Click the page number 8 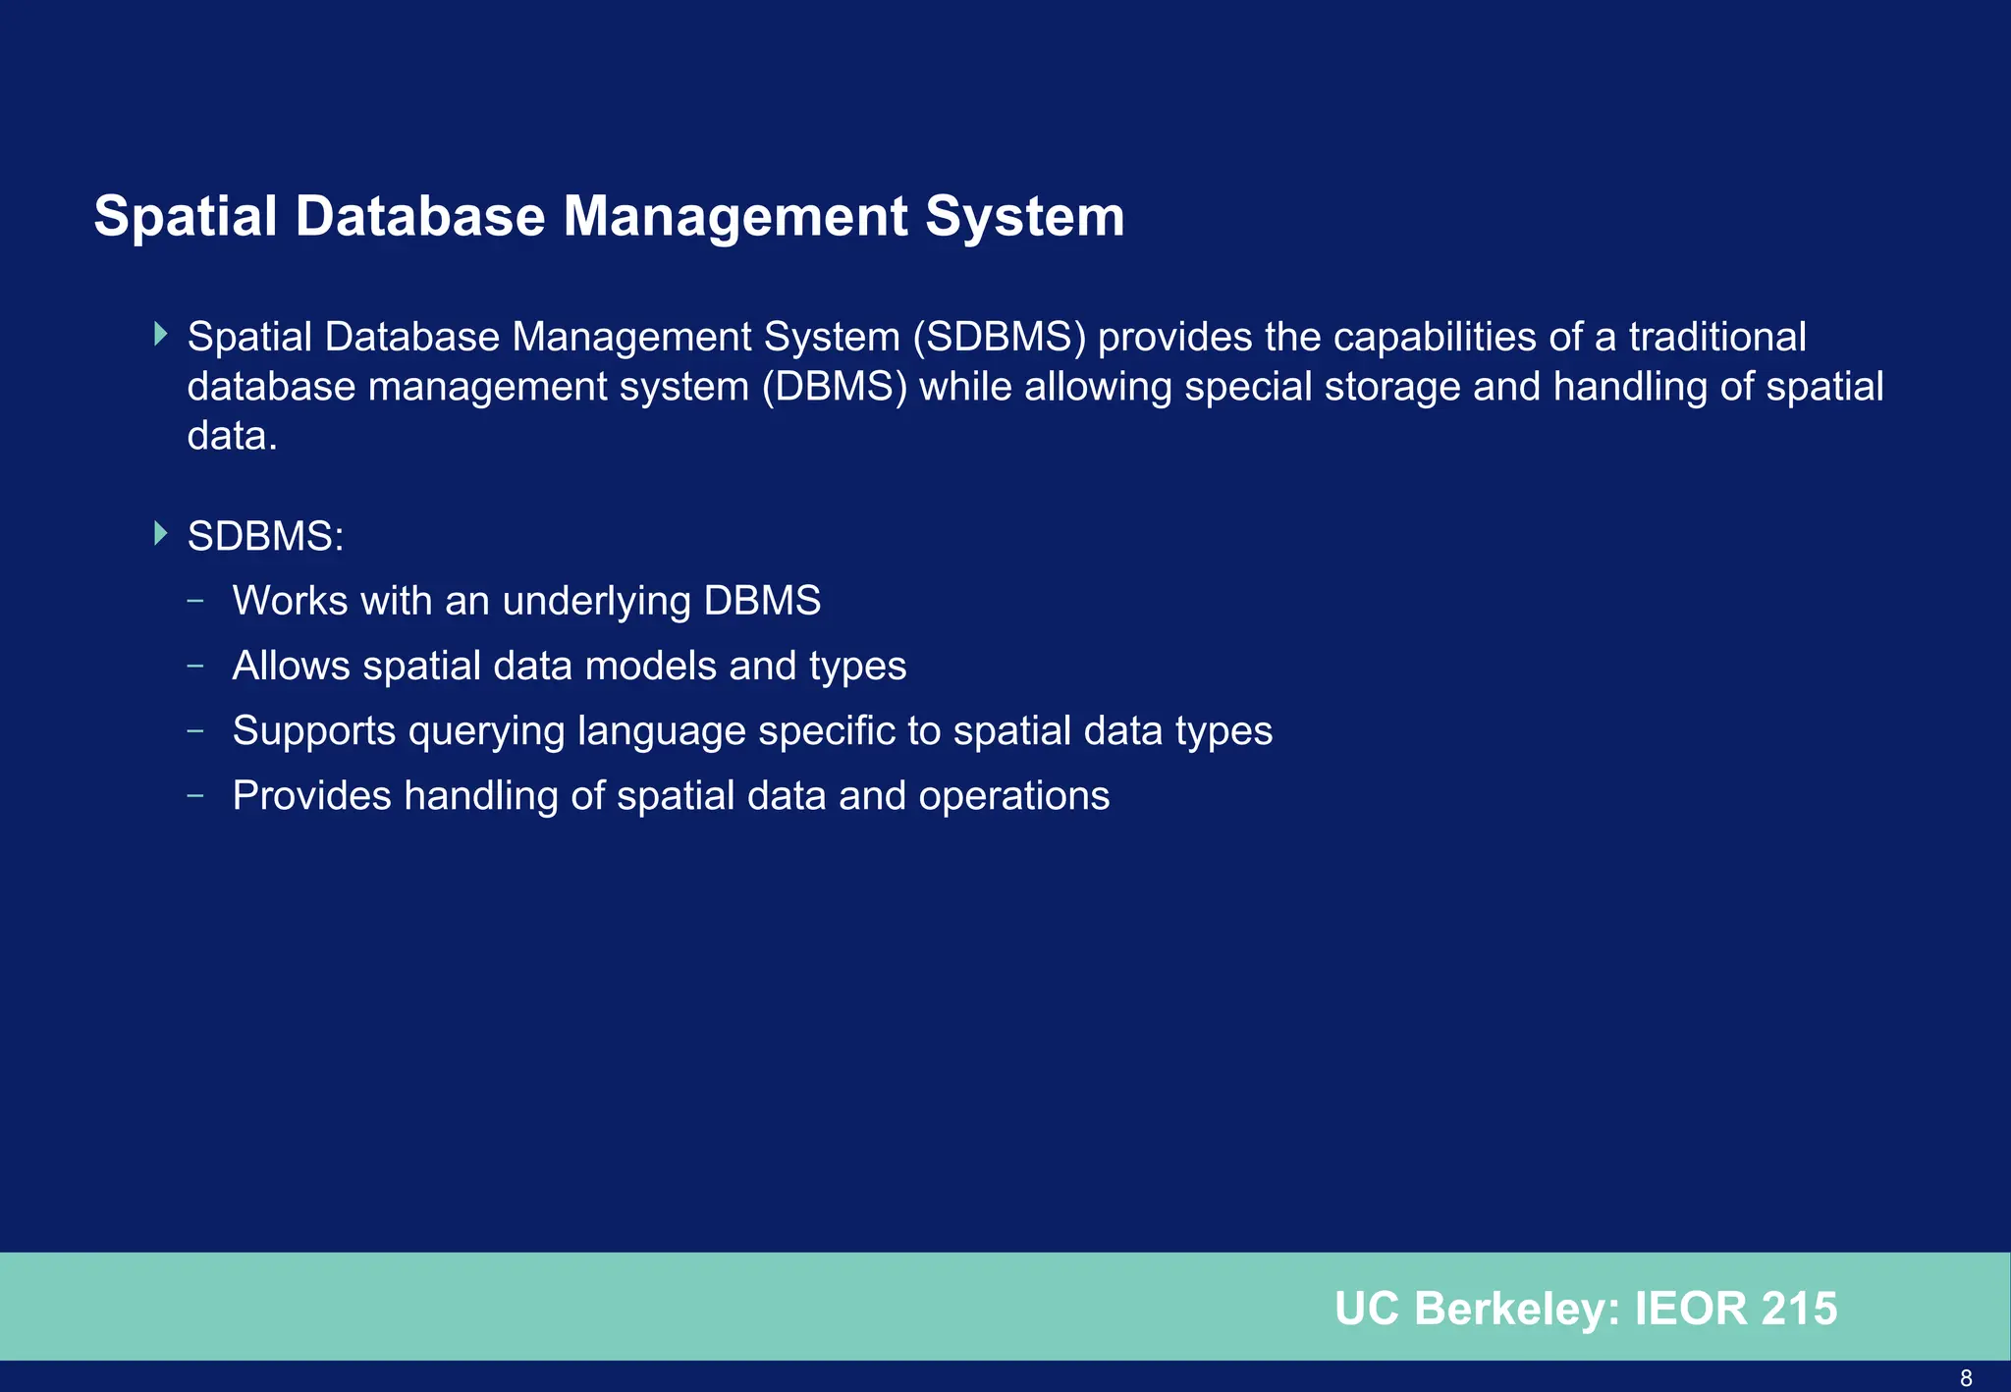tap(1966, 1378)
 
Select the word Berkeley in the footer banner tap(1516, 1310)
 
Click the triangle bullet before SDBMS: tap(161, 534)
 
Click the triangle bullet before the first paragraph tap(161, 334)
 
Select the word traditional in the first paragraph tap(1717, 338)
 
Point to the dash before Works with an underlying tap(195, 601)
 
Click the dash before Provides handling tap(195, 796)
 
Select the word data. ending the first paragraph tap(232, 436)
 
